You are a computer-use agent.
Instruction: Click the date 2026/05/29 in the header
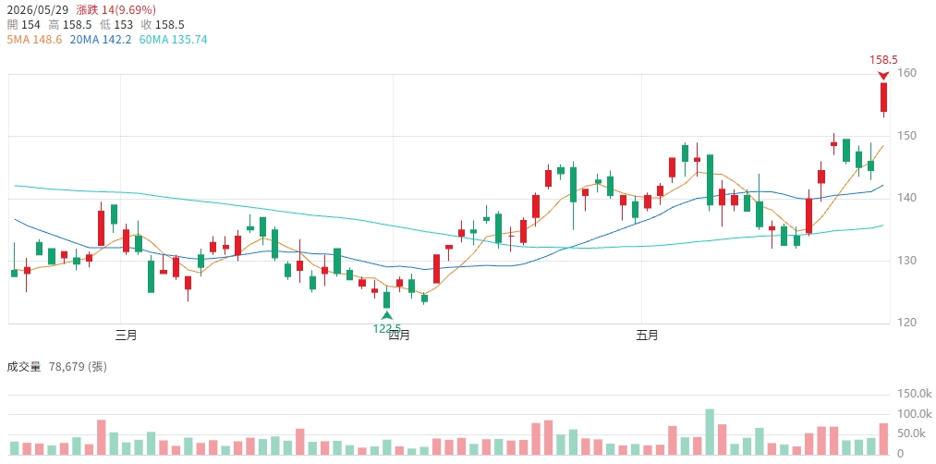pos(38,9)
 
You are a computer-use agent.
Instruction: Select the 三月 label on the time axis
pos(127,336)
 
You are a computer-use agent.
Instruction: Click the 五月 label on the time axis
pos(648,336)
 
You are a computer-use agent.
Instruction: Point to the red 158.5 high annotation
pos(883,60)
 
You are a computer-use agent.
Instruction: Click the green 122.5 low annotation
pos(387,328)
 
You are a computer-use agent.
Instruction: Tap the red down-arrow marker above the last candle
pos(883,75)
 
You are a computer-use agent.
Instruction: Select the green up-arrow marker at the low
pos(387,315)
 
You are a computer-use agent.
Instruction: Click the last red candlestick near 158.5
pos(883,97)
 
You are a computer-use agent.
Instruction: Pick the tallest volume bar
pos(710,433)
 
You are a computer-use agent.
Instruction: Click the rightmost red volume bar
pos(883,440)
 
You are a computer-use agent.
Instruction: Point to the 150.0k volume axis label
pos(915,394)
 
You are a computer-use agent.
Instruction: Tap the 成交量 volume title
pos(24,367)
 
